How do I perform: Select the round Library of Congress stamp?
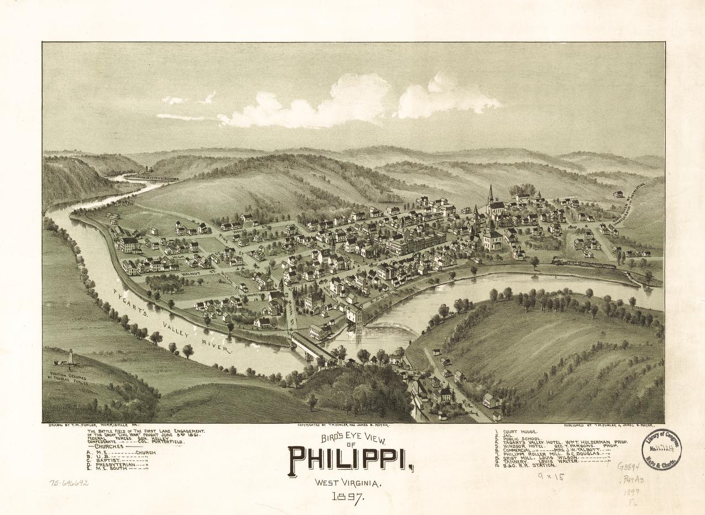pos(661,449)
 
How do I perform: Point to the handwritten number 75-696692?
pos(69,482)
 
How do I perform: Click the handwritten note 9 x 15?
pos(551,476)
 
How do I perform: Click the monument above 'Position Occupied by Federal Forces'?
pos(70,358)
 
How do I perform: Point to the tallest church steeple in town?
pos(490,194)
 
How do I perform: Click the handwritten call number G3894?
pos(628,466)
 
